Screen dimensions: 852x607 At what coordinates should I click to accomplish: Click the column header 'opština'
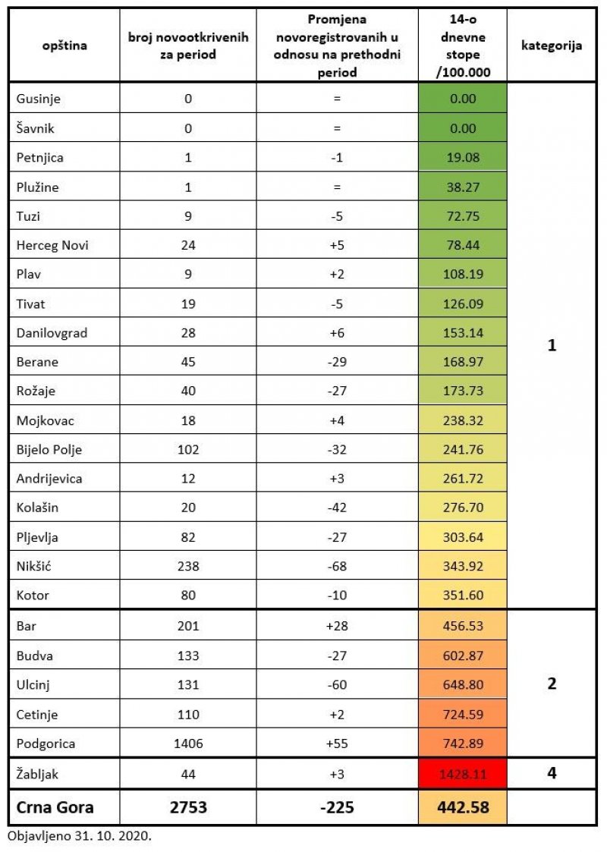64,46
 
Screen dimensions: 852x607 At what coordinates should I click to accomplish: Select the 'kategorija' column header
552,46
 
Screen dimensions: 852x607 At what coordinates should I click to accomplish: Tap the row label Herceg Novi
48,245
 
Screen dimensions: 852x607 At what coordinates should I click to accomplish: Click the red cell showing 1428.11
462,775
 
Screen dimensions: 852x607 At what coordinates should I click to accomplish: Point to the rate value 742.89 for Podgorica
462,744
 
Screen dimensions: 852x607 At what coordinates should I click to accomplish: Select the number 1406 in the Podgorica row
188,744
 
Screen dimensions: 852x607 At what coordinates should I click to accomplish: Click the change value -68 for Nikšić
337,566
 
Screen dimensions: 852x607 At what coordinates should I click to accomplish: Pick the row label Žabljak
38,775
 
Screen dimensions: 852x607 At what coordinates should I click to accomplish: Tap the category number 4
552,775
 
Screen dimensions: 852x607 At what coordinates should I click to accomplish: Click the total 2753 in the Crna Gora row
188,807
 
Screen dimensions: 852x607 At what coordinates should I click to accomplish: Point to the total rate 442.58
462,807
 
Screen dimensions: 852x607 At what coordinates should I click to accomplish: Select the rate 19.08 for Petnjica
462,157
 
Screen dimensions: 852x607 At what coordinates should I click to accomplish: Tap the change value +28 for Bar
337,625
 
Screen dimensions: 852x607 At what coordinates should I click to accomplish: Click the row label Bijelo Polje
49,449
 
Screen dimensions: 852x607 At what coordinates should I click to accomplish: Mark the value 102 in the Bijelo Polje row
188,449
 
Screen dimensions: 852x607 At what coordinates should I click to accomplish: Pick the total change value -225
337,807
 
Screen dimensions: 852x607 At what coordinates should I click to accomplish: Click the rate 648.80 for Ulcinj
462,684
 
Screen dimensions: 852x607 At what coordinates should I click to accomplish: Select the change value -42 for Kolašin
337,508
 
